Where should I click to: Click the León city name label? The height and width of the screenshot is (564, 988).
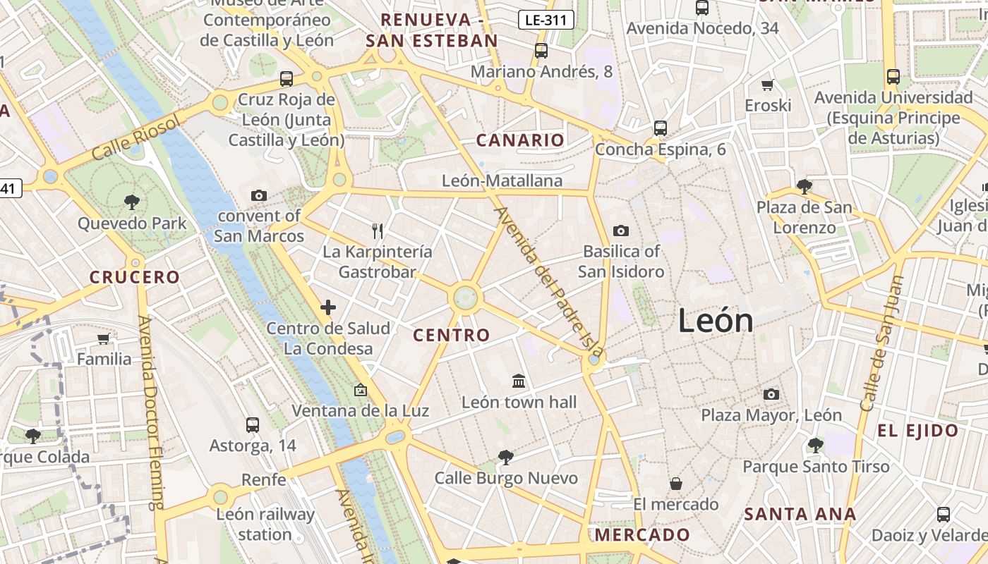tap(716, 321)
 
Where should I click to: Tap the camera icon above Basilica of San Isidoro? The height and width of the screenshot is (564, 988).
tap(621, 231)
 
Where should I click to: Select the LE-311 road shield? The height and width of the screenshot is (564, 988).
tap(546, 20)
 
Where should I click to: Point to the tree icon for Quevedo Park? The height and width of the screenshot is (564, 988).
tap(131, 203)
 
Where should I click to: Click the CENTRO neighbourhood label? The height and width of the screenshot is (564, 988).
tap(452, 336)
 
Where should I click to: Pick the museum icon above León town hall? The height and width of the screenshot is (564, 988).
tap(519, 381)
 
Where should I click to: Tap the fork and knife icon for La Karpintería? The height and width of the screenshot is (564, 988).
tap(378, 231)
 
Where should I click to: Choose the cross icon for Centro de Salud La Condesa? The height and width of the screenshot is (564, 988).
tap(327, 307)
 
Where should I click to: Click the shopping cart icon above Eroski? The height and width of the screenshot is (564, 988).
tap(768, 85)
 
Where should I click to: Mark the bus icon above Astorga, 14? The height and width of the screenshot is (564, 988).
tap(253, 425)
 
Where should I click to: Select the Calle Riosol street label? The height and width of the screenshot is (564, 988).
tap(136, 138)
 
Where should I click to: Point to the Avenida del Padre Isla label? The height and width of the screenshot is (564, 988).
tap(550, 281)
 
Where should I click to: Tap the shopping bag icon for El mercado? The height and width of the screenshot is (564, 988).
tap(676, 484)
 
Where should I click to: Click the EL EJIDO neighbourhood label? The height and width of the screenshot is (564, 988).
tap(917, 431)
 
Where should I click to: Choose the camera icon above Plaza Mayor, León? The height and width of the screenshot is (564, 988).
tap(771, 395)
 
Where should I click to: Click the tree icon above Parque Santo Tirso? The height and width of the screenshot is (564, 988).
tap(816, 446)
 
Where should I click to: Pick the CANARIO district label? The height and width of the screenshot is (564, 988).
tap(520, 140)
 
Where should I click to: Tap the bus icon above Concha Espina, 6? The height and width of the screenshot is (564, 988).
tap(661, 128)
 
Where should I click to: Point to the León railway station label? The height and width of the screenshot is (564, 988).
tap(265, 525)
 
